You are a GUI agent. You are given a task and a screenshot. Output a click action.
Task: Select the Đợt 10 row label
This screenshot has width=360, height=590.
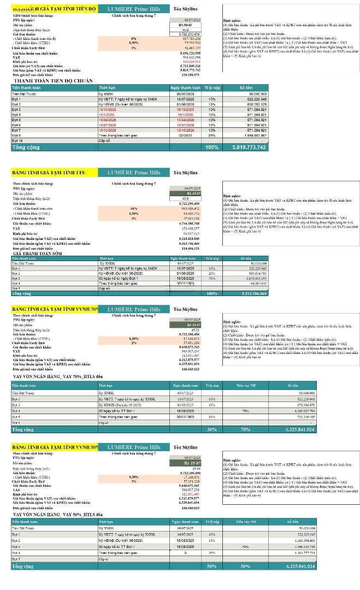[17, 140]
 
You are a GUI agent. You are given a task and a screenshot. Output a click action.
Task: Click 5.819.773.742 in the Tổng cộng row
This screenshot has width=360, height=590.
[245, 147]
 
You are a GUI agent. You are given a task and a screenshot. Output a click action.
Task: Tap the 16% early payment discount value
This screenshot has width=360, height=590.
[133, 209]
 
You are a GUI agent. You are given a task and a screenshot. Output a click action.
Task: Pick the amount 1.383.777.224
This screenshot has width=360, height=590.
[300, 553]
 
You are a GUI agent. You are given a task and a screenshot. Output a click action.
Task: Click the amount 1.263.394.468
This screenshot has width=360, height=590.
[300, 540]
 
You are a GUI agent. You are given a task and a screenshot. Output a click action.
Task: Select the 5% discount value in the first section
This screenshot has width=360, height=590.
[133, 38]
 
